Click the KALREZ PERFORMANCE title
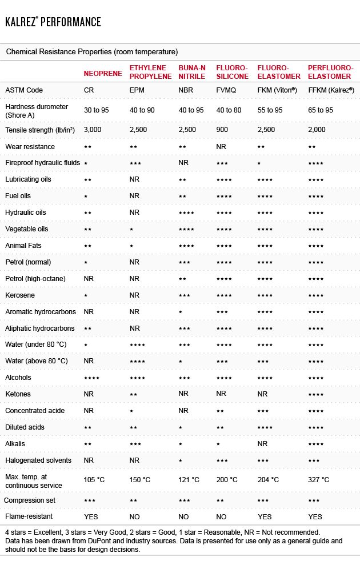point(53,22)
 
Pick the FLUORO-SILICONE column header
point(232,72)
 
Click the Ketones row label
point(18,394)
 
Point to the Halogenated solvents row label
point(38,460)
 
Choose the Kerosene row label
point(20,295)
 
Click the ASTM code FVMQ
point(226,90)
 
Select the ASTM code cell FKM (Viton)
point(277,90)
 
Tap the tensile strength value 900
point(222,130)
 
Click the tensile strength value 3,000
point(93,130)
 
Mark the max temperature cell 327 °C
point(318,480)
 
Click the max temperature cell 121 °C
point(189,480)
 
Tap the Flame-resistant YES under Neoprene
point(91,516)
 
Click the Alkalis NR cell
point(262,444)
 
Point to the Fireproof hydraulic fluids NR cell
point(183,163)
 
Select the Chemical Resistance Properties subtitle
point(92,52)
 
